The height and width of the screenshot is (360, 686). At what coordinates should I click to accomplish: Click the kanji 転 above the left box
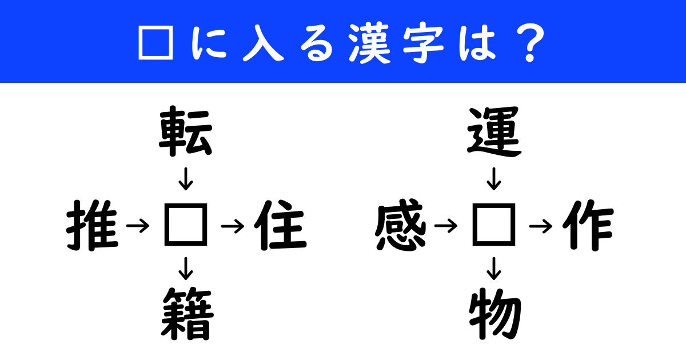[186, 131]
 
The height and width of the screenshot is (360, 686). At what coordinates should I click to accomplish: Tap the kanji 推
[92, 226]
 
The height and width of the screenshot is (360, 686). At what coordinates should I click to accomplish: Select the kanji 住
[280, 225]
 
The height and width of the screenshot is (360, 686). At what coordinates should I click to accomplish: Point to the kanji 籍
[187, 314]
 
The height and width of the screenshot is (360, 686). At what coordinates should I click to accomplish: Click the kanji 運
[494, 131]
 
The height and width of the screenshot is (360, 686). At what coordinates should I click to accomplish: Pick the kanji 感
[401, 225]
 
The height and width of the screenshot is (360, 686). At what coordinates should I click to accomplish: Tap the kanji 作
[588, 226]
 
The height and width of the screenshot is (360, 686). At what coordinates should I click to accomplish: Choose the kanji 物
[495, 314]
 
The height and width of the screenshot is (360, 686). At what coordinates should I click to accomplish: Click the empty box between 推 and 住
[186, 225]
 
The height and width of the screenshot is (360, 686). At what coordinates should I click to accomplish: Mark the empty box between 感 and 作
[494, 225]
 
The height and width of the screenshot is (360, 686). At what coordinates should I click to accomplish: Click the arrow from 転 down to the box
[186, 179]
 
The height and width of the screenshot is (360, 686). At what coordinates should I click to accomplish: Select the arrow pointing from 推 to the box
[138, 226]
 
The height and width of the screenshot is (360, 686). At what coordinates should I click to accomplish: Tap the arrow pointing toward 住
[233, 226]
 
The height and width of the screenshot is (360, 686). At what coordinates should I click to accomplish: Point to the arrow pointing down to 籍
[186, 269]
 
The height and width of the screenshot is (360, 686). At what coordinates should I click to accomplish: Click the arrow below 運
[494, 179]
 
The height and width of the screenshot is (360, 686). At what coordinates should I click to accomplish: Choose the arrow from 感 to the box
[446, 226]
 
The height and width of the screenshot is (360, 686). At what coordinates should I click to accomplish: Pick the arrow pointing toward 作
[541, 226]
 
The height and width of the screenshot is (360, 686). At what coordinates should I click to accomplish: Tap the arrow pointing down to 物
[494, 269]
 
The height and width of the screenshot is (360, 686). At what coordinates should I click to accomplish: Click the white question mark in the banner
[530, 43]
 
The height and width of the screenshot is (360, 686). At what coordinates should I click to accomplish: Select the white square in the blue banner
[156, 42]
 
